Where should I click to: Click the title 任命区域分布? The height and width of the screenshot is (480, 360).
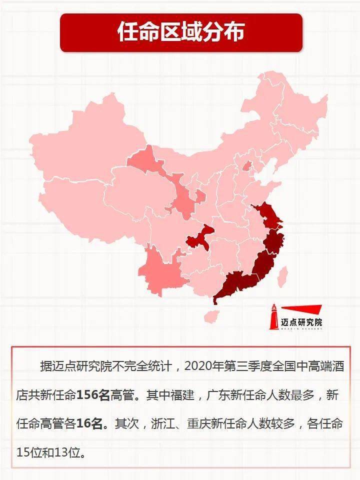(x=180, y=32)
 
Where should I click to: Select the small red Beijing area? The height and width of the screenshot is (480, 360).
(x=247, y=166)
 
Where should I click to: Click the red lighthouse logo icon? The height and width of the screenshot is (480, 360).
(x=274, y=316)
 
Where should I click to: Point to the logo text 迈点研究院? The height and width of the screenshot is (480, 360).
(x=302, y=322)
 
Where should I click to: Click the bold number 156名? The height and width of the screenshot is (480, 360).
(x=92, y=395)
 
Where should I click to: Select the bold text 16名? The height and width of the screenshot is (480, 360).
(x=92, y=424)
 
